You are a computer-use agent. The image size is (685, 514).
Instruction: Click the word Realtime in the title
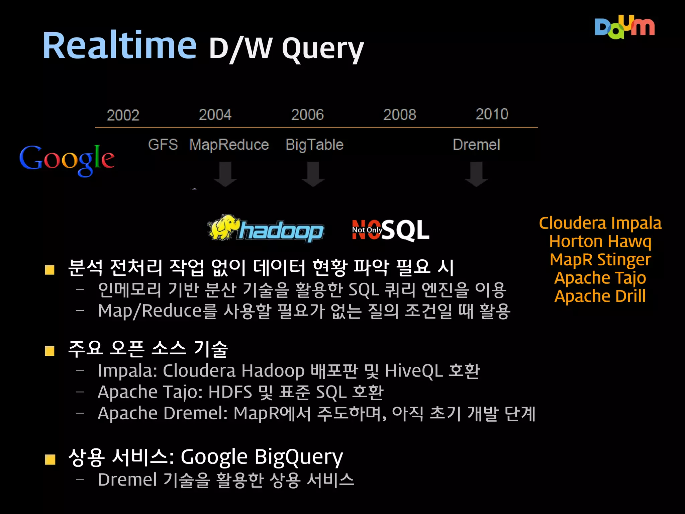click(119, 46)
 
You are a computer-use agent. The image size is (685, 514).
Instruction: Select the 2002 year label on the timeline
click(123, 115)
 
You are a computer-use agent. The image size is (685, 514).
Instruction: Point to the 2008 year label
click(400, 115)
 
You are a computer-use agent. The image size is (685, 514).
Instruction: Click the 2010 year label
click(492, 114)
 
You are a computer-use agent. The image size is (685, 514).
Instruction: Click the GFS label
click(163, 145)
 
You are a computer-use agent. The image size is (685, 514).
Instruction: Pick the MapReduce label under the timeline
click(229, 145)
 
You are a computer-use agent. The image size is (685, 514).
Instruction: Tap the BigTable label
click(314, 145)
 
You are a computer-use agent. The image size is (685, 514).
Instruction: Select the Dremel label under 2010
click(476, 145)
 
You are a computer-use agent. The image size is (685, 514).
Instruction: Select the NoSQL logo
click(390, 230)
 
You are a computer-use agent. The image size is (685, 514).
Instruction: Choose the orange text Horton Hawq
click(600, 241)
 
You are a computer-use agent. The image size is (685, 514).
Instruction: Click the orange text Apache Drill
click(600, 296)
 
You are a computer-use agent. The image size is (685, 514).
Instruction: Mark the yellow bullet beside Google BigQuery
click(50, 459)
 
